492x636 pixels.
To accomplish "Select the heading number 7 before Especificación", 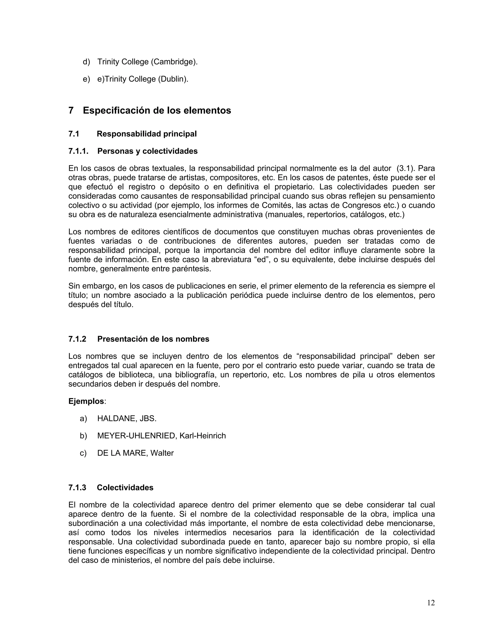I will (71, 110).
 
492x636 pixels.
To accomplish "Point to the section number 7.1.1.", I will (78, 151).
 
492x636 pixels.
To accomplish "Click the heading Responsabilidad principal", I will (147, 134).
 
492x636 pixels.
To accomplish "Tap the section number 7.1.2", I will (77, 339).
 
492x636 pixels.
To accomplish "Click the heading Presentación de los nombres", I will (153, 339).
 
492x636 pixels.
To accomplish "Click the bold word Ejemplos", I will (86, 401).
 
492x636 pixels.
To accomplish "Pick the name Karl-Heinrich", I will (203, 436).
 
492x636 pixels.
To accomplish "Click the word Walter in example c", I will (162, 453).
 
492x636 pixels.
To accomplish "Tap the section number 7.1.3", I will (77, 487).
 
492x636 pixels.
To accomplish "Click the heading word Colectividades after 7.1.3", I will (125, 487).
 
